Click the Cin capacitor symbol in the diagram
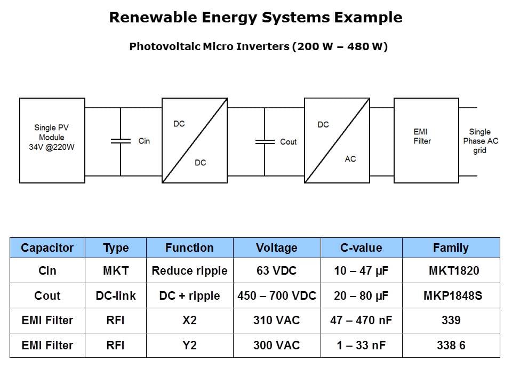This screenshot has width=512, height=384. tap(121, 141)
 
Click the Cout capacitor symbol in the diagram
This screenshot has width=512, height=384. tap(265, 142)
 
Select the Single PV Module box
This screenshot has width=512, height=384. tap(52, 140)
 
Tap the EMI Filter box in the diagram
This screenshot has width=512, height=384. tap(427, 140)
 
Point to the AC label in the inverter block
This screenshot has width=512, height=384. tap(350, 159)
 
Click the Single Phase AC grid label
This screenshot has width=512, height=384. tap(481, 141)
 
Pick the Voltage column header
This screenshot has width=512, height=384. tap(277, 248)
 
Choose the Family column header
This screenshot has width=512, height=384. tap(451, 248)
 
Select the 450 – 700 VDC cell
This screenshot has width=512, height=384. tap(277, 295)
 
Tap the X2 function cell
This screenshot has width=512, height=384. tap(190, 321)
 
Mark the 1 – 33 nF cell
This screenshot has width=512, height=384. tap(361, 345)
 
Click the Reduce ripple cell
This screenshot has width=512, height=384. tap(190, 271)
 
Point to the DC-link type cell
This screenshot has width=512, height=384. tap(116, 295)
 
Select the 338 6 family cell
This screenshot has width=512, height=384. tap(451, 345)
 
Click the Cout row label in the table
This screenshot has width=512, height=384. tap(47, 295)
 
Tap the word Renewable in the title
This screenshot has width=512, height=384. tap(153, 17)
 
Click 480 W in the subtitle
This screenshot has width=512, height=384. tap(364, 46)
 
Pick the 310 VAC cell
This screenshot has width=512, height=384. tap(277, 321)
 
